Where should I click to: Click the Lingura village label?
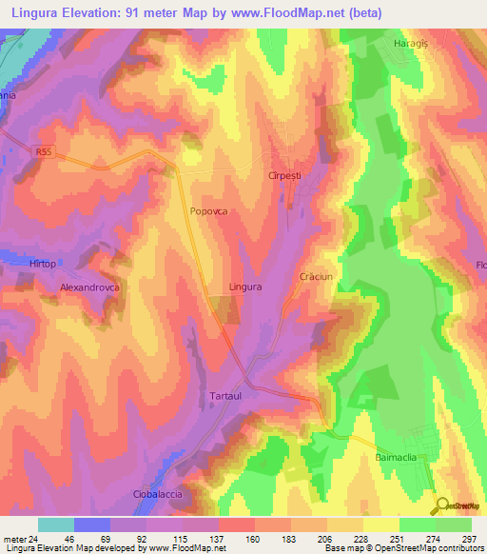click(245, 286)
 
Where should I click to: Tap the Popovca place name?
click(208, 213)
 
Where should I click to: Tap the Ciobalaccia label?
click(156, 495)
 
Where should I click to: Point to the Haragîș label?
click(413, 45)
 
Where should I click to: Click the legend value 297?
click(467, 540)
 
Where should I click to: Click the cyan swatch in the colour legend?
click(56, 524)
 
